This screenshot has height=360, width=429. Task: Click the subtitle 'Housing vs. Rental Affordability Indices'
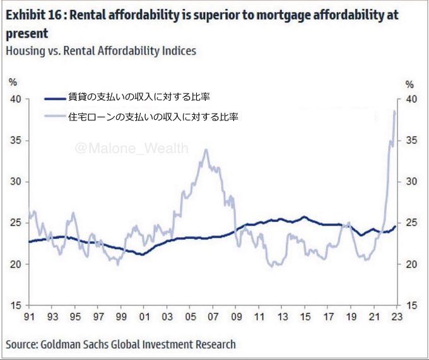point(101,51)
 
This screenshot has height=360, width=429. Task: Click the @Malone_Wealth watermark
point(131,148)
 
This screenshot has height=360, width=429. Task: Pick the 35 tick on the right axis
point(410,140)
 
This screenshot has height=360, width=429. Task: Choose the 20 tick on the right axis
point(410,264)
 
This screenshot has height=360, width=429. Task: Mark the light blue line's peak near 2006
point(206,150)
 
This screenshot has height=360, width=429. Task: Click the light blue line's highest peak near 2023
point(394,111)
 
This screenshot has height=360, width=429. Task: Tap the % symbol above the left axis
point(13,81)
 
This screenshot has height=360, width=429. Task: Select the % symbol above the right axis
point(409,84)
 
